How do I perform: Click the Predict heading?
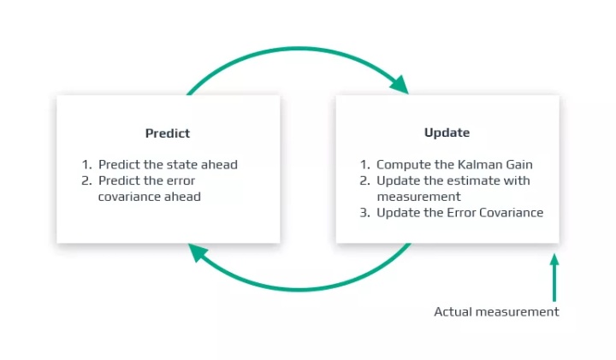pos(168,133)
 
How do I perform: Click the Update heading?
pos(447,133)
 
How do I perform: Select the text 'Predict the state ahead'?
pos(168,164)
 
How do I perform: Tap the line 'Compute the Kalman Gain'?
pos(454,164)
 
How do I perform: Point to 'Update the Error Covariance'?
pos(460,212)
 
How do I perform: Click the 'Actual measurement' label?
pos(496,312)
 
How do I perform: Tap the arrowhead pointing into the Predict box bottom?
pos(198,253)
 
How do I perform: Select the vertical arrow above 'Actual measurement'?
pos(554,278)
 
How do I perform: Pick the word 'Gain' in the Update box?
pos(519,164)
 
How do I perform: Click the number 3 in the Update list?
pos(365,213)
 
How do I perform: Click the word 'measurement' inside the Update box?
pos(418,197)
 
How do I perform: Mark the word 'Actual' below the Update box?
pos(453,312)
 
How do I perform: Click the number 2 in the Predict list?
pos(86,180)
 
